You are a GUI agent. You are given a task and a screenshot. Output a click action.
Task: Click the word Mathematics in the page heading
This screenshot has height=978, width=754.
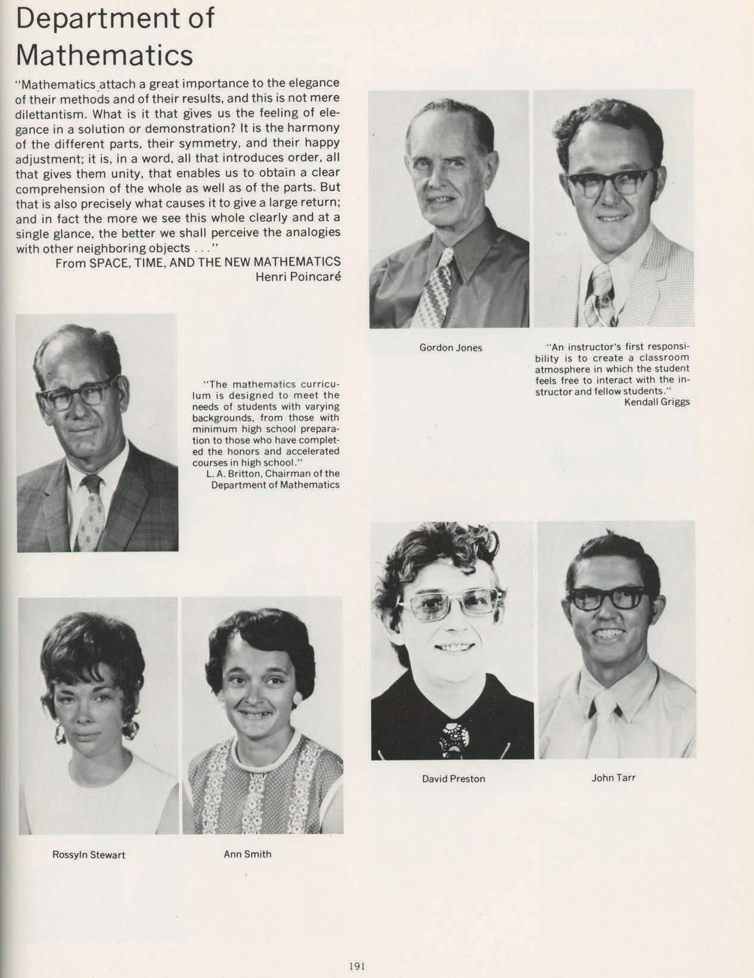click(x=104, y=55)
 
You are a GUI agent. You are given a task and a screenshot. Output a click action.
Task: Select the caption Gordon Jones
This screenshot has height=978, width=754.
click(x=451, y=348)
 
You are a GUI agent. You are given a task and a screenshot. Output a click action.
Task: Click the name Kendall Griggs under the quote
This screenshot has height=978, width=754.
click(x=657, y=402)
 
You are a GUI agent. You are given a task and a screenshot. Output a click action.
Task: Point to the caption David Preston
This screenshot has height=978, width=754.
click(x=453, y=779)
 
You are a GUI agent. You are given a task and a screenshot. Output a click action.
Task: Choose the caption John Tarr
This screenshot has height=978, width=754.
click(x=613, y=778)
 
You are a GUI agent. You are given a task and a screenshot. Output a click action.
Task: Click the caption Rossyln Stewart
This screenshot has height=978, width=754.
click(x=89, y=855)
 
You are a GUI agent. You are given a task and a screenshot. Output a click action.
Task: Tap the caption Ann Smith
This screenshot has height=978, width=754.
click(x=247, y=854)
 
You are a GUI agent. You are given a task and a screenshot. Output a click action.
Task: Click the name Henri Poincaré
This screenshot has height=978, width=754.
click(x=297, y=277)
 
